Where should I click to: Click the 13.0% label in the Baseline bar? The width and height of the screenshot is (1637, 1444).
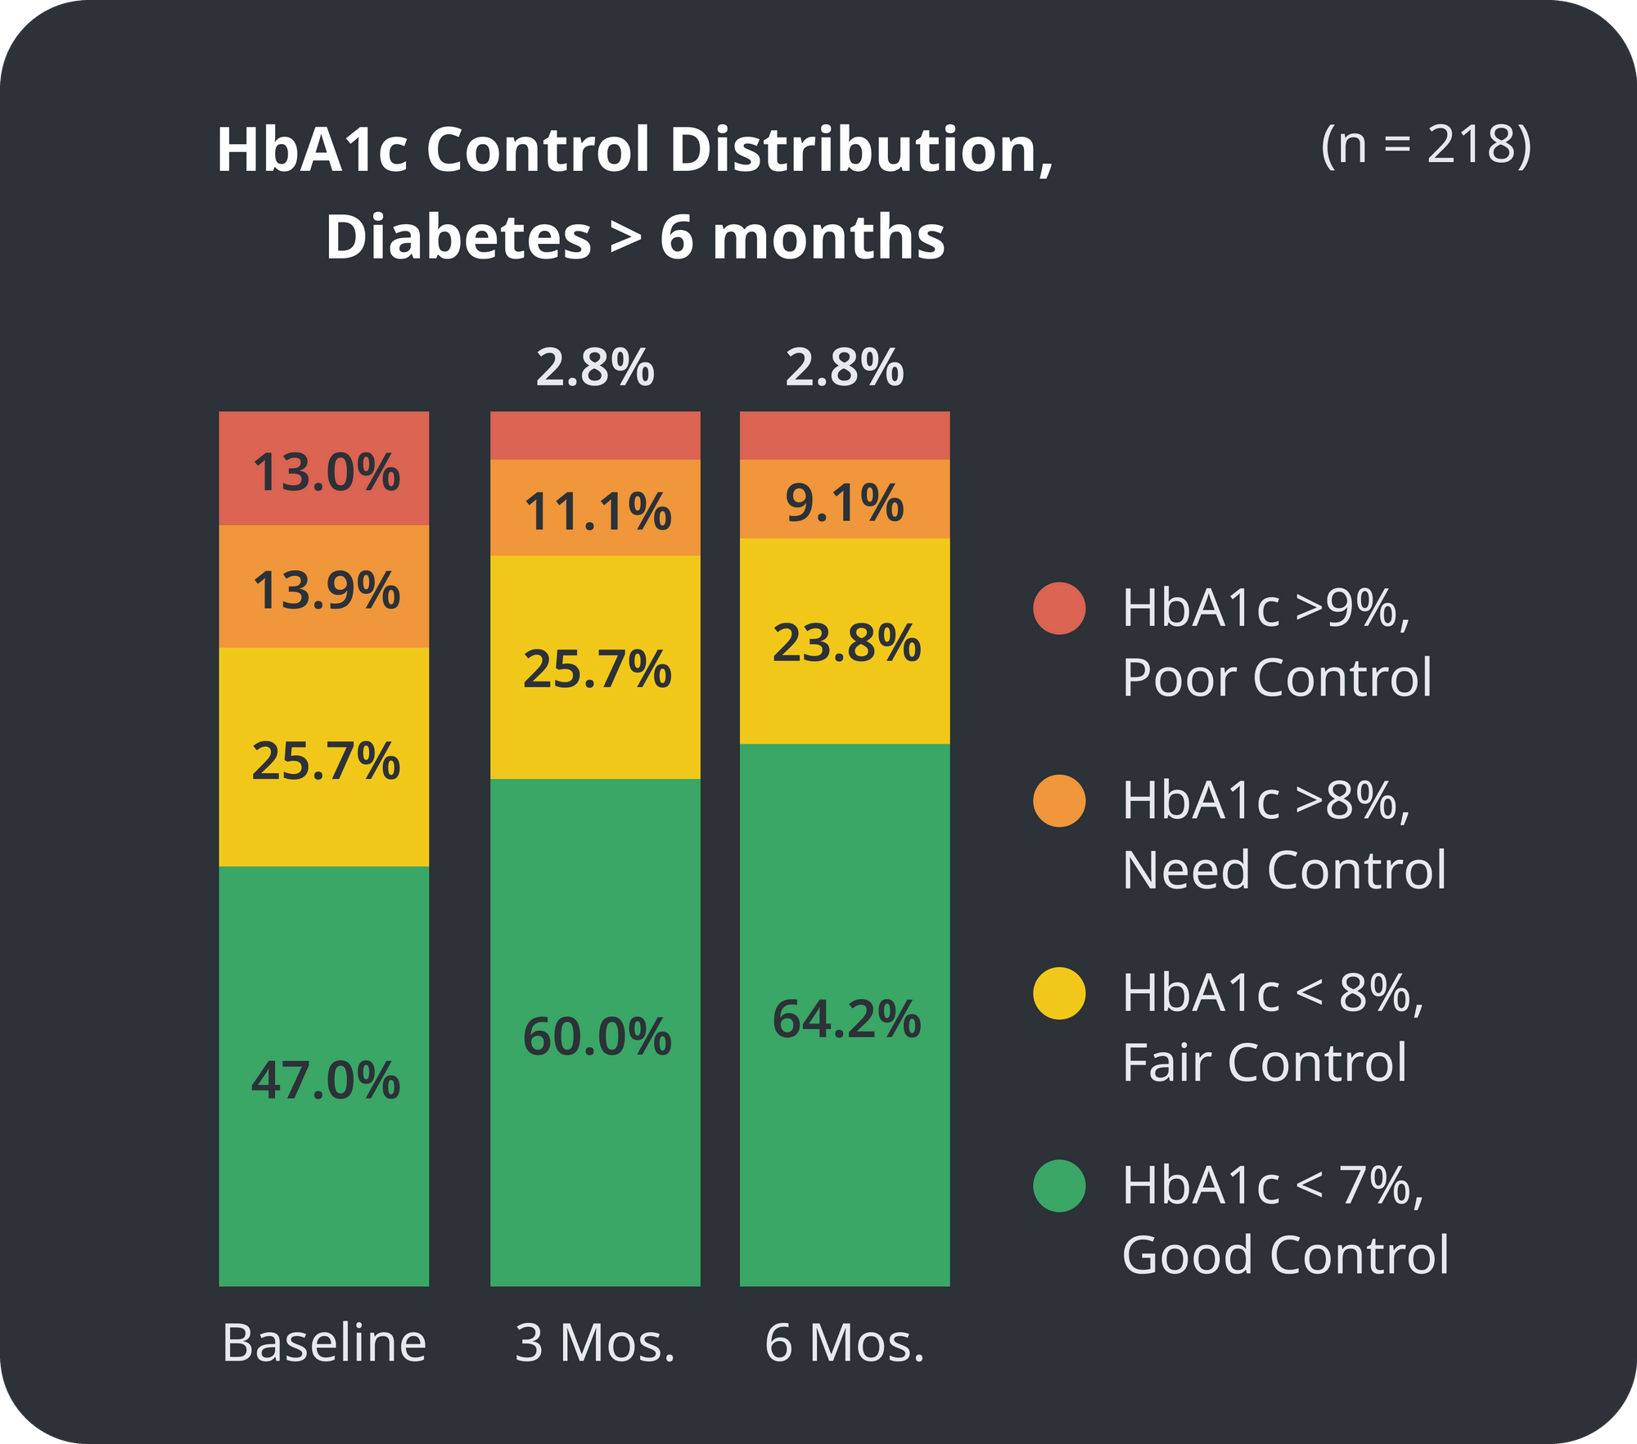click(325, 473)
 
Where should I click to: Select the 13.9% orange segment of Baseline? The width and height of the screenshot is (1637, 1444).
click(325, 590)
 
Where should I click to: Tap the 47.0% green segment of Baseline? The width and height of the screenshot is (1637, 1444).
click(325, 1080)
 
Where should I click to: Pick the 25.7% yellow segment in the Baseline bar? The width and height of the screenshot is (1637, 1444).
click(325, 760)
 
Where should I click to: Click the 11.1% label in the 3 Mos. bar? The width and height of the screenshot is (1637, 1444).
click(597, 512)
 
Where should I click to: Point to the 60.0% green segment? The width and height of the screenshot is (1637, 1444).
click(597, 1037)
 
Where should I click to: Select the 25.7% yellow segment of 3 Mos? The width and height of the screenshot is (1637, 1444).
click(597, 669)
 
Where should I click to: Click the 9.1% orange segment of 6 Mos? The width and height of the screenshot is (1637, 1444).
click(845, 502)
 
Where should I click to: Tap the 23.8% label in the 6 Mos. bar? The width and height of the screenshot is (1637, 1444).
click(846, 642)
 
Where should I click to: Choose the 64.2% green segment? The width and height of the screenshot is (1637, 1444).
click(846, 1019)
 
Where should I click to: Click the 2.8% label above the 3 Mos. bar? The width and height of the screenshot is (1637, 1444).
click(595, 367)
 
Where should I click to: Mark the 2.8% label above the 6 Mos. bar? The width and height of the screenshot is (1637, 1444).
click(845, 367)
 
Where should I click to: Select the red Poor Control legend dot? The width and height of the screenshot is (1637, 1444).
click(1059, 608)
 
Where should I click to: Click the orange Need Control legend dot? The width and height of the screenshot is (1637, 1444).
click(1059, 800)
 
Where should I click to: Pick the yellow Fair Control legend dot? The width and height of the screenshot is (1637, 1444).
click(1059, 993)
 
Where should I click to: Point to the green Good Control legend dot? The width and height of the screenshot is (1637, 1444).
click(1059, 1185)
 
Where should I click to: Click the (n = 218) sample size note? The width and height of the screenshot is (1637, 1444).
click(1426, 145)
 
